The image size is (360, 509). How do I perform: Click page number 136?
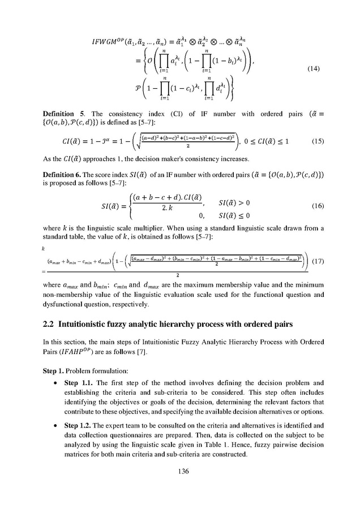pyautogui.click(x=179, y=470)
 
